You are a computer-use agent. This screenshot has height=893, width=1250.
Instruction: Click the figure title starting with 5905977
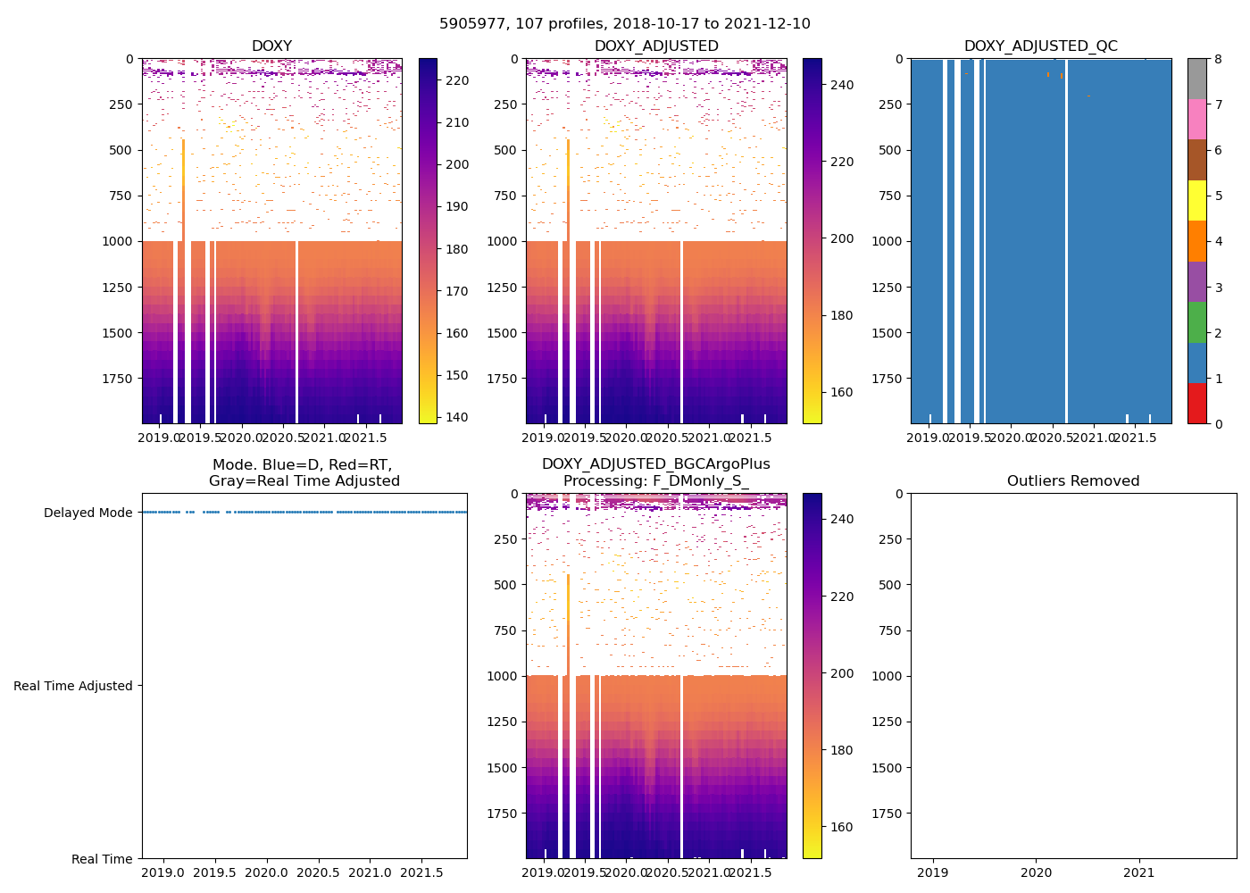click(624, 24)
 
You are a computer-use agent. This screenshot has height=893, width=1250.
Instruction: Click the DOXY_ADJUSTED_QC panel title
click(1040, 46)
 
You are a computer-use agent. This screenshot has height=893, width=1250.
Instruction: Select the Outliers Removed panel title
click(1072, 481)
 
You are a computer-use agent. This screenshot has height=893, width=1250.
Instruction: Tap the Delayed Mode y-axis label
click(87, 513)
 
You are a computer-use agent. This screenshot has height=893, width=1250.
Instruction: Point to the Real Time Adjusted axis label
click(73, 686)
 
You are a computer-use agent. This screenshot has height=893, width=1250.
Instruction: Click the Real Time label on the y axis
click(102, 859)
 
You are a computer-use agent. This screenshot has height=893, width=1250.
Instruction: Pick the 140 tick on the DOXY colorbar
click(457, 417)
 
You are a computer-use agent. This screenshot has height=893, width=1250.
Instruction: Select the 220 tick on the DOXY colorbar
click(457, 80)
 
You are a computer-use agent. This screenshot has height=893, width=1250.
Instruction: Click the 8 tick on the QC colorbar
click(1219, 59)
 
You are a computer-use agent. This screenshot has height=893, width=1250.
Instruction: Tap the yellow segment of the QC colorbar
click(1196, 201)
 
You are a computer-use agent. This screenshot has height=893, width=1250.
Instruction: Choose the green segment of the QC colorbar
click(1196, 322)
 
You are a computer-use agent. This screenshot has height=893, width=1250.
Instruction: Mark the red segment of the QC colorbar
click(1196, 403)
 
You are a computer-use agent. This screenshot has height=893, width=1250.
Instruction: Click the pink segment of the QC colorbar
click(1196, 120)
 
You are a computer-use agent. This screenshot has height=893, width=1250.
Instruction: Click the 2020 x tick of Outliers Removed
click(1036, 872)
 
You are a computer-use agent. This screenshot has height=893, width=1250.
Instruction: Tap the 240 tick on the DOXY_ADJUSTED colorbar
click(841, 85)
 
